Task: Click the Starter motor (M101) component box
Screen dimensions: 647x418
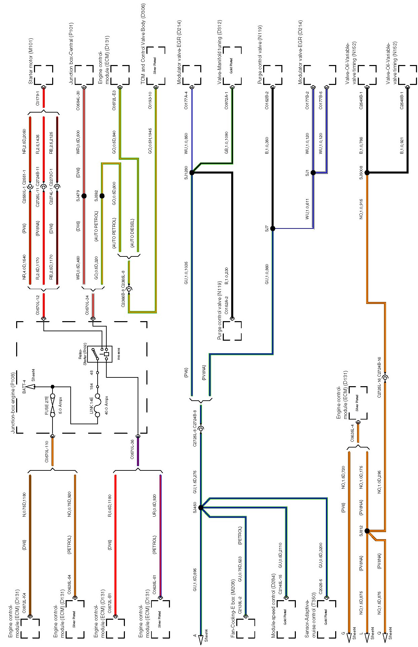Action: [x=43, y=75]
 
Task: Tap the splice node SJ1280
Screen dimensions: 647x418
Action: [x=192, y=173]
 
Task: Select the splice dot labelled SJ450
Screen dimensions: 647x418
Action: [x=201, y=507]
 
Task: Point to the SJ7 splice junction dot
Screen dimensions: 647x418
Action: [x=273, y=228]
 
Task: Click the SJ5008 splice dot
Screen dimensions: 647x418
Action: [x=367, y=173]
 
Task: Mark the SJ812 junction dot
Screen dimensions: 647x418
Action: [x=367, y=531]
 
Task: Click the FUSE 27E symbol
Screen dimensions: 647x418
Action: [x=53, y=405]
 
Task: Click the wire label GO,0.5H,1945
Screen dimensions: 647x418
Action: [x=150, y=141]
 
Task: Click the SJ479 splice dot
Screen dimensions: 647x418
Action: [x=84, y=196]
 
